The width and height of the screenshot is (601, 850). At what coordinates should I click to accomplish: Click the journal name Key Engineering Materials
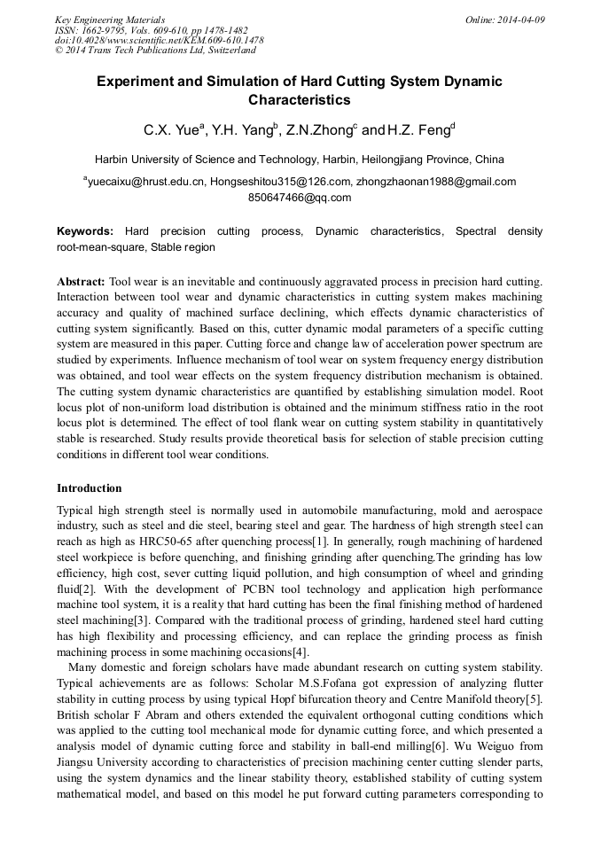pyautogui.click(x=110, y=19)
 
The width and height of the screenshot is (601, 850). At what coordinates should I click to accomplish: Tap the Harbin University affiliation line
pyautogui.click(x=300, y=160)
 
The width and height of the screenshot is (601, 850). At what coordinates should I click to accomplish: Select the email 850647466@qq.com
pyautogui.click(x=300, y=197)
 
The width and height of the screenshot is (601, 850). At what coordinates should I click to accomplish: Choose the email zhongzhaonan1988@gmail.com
pyautogui.click(x=437, y=182)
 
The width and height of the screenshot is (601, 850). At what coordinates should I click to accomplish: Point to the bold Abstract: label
pyautogui.click(x=81, y=281)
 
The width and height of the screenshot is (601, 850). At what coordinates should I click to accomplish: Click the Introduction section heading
pyautogui.click(x=90, y=488)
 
